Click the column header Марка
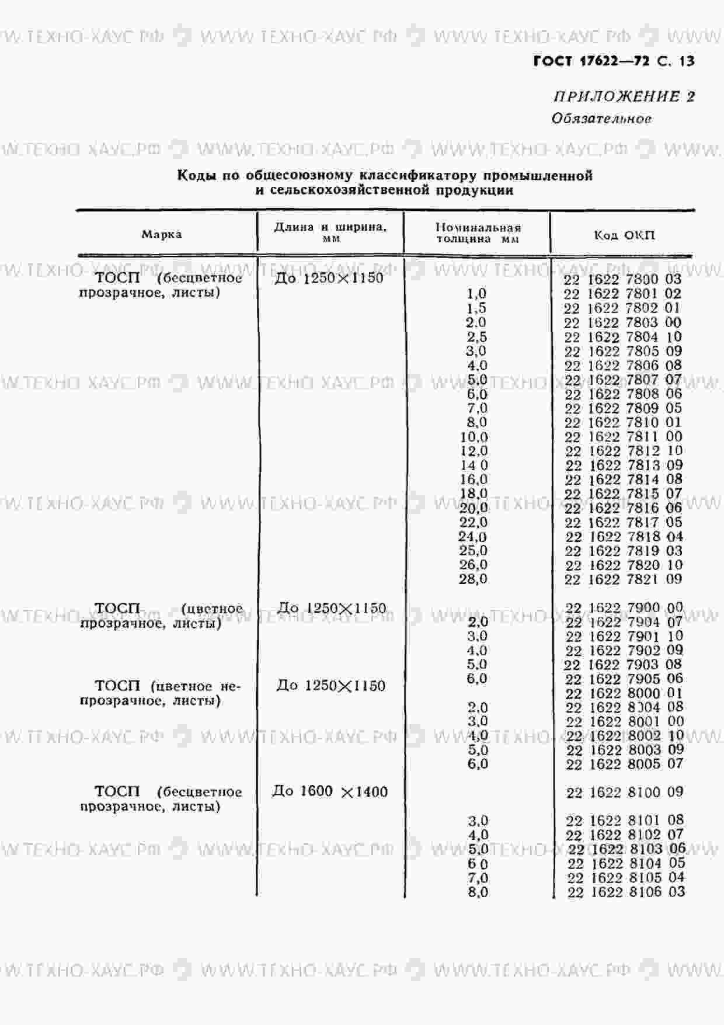point(162,235)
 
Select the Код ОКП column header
point(624,235)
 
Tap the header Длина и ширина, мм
point(330,232)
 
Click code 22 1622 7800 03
point(622,279)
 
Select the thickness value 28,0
point(473,579)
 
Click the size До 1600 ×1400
point(330,792)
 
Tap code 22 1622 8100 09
point(625,793)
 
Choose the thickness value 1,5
point(476,308)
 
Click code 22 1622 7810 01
point(623,422)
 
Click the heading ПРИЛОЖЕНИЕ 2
point(624,96)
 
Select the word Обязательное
point(601,119)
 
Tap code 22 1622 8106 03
point(625,892)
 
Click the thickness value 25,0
point(473,551)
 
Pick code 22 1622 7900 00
point(624,608)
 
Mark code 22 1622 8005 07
point(624,764)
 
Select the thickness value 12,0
point(474,451)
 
